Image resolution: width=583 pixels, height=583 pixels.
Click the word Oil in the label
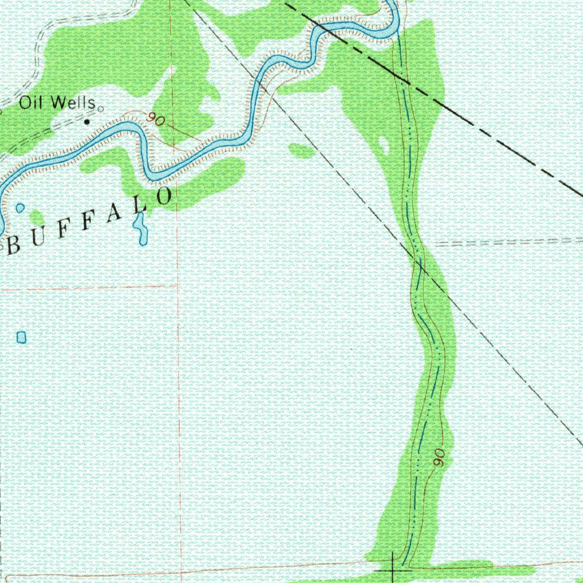click(31, 103)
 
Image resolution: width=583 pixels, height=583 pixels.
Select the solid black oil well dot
click(87, 121)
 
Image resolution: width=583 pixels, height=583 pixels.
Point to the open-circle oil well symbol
click(101, 108)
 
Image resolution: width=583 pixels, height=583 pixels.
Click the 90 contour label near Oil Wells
click(154, 120)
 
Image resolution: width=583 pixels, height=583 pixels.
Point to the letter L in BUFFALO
click(139, 206)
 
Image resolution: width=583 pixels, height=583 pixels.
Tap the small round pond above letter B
click(20, 208)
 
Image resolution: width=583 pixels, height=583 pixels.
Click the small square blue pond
click(22, 338)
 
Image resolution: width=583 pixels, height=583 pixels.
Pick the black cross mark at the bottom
click(393, 568)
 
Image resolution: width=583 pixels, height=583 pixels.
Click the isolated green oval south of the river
click(302, 151)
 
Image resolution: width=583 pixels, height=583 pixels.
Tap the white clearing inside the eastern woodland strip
click(385, 145)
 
